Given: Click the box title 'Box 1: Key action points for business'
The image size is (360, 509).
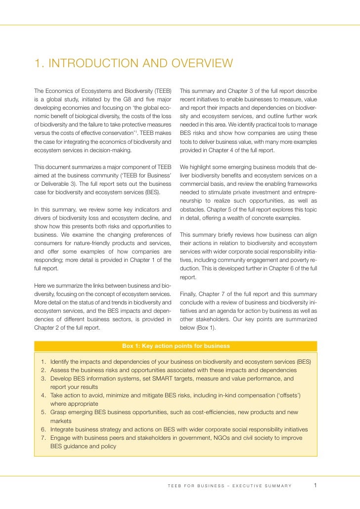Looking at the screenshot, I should click(176, 346).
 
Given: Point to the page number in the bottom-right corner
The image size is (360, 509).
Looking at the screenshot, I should click(315, 485).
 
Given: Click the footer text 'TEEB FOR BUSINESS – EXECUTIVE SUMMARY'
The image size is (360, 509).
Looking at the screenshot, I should click(229, 486).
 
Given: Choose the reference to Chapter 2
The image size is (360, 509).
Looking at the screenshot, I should click(50, 327).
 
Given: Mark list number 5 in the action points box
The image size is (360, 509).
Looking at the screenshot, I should click(44, 412).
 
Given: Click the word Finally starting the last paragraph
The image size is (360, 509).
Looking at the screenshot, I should click(190, 293).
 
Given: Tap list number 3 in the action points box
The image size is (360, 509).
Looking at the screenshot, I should click(44, 379).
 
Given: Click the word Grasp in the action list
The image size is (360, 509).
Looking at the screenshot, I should click(59, 412).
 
